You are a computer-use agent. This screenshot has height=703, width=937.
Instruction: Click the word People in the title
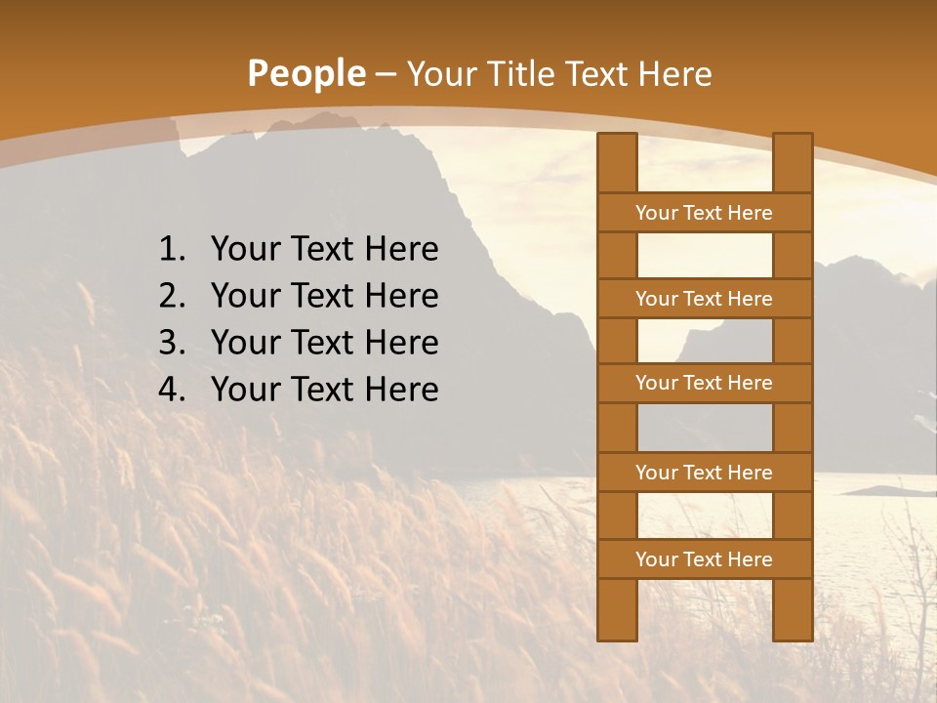point(306,74)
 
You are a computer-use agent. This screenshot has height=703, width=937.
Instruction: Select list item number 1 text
point(324,250)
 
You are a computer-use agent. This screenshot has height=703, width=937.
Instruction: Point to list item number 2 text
point(324,296)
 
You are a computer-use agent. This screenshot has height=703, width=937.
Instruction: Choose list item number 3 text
point(324,343)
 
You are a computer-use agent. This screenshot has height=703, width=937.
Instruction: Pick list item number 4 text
point(324,390)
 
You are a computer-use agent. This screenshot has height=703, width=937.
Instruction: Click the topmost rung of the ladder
point(704,213)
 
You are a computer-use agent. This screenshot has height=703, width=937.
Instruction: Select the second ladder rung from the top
point(704,299)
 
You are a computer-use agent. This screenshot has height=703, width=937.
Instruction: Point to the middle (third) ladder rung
point(704,384)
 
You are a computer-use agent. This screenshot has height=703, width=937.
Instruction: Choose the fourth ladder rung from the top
point(704,473)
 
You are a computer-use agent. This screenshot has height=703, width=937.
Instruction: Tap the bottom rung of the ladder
point(704,559)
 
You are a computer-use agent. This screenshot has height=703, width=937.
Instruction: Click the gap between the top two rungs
point(704,256)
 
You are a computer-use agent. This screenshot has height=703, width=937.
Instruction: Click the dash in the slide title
point(386,74)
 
